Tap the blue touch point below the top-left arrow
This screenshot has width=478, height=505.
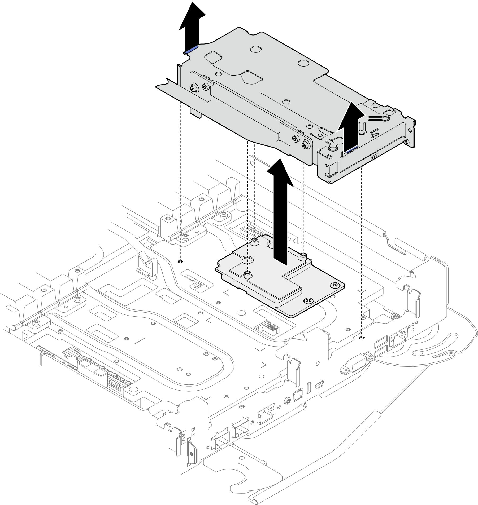click(x=191, y=50)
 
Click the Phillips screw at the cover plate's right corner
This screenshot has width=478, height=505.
click(x=335, y=285)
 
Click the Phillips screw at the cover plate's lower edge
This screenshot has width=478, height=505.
click(x=308, y=300)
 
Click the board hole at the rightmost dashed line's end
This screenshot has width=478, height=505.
click(x=361, y=337)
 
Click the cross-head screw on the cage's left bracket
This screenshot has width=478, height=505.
click(x=194, y=87)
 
